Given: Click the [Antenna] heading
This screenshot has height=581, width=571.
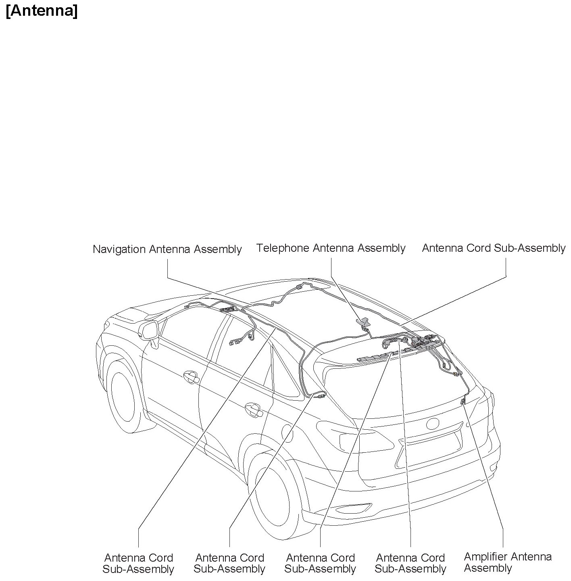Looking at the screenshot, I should (x=42, y=11).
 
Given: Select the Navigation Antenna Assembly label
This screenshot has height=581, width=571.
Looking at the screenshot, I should (x=167, y=249).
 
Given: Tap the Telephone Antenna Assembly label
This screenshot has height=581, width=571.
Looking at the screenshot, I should (x=331, y=248).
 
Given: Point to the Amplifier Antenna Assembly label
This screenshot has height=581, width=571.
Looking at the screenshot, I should (x=507, y=562).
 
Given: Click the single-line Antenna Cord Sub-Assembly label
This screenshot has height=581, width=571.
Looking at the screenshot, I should (x=494, y=248).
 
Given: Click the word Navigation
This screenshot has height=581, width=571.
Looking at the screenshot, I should (x=119, y=249).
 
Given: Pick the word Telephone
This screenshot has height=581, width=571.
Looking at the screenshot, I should (x=283, y=248).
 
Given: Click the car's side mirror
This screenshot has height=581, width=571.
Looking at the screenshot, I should (x=148, y=331).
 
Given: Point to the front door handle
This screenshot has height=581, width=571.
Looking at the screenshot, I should (x=190, y=377).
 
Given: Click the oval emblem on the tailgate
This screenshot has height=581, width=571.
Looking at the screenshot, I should (x=432, y=424).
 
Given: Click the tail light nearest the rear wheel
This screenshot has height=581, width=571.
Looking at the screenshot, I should (x=355, y=438).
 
